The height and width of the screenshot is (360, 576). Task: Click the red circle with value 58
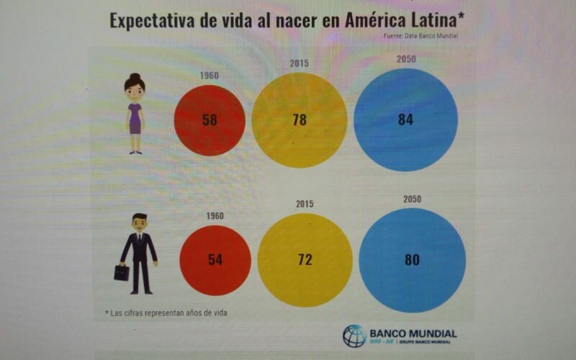[x=210, y=120]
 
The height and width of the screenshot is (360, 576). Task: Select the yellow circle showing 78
[x=300, y=120]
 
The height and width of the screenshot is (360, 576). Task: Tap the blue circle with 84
[x=405, y=120]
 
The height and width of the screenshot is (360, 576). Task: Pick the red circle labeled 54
[x=215, y=259]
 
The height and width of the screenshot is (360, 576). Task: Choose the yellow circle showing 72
[x=305, y=259]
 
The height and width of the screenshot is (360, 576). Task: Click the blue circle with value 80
[x=412, y=260]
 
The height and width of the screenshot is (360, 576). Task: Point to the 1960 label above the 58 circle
[x=209, y=75]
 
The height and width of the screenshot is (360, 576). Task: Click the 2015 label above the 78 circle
[x=300, y=63]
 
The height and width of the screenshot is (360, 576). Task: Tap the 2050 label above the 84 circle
[x=406, y=59]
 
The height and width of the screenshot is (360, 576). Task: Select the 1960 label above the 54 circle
[x=215, y=215]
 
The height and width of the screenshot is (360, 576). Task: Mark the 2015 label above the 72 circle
[x=305, y=204]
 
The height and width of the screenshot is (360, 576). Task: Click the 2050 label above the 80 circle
[x=412, y=199]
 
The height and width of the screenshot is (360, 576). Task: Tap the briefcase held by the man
[x=122, y=272]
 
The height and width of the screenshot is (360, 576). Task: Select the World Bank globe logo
[x=354, y=336]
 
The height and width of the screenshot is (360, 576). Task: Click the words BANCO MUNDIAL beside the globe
[x=413, y=333]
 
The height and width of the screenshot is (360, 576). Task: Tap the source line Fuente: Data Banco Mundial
[x=421, y=35]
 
